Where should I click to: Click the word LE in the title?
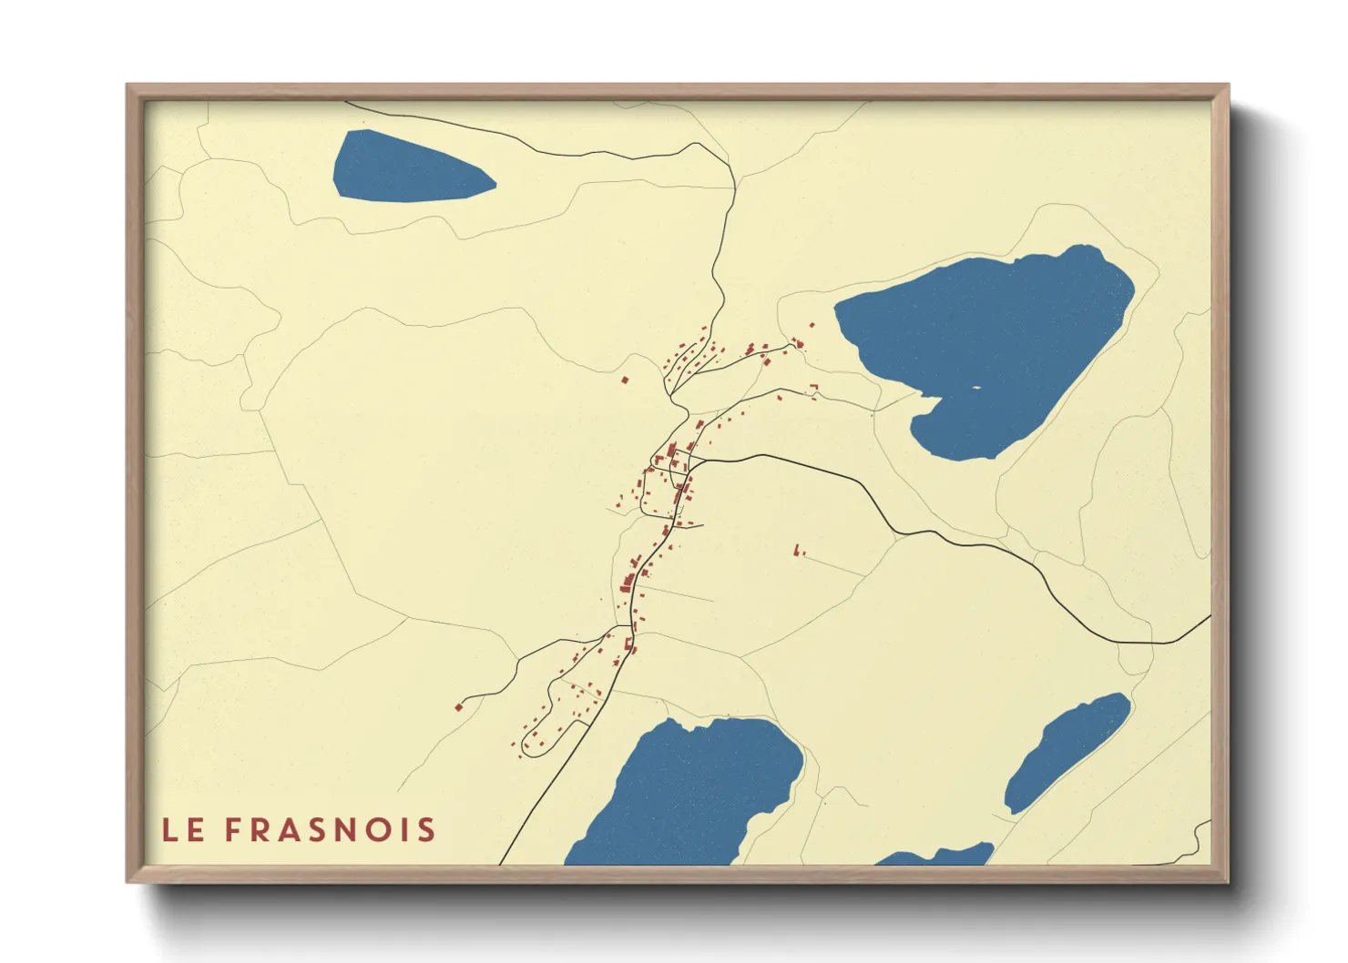[182, 830]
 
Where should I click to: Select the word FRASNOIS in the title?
[331, 830]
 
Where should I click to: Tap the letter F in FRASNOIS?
[233, 830]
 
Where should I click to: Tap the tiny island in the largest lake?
[975, 388]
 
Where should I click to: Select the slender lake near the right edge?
[1066, 752]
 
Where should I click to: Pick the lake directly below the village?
[692, 792]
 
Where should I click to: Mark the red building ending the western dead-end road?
[459, 706]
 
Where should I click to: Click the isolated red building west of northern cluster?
[625, 380]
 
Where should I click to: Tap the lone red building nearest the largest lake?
[813, 324]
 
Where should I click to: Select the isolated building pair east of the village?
[799, 551]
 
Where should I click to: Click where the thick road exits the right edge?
[1209, 617]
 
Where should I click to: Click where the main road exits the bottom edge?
[502, 862]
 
